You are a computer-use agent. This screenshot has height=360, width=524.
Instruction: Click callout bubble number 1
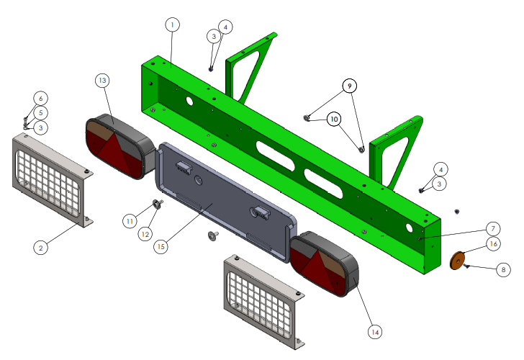click(x=173, y=24)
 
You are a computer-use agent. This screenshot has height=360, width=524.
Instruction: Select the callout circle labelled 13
click(x=102, y=80)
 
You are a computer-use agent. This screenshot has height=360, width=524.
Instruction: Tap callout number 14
click(x=375, y=332)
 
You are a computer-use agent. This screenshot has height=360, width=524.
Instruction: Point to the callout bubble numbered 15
click(x=161, y=246)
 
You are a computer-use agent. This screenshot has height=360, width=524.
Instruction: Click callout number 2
click(x=41, y=248)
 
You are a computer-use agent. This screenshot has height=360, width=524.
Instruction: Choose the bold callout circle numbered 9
click(x=350, y=86)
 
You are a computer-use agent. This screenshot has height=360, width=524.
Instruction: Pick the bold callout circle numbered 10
click(x=334, y=119)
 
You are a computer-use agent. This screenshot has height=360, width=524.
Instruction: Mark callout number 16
click(x=493, y=243)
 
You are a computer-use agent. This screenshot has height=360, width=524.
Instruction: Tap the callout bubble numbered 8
click(x=503, y=269)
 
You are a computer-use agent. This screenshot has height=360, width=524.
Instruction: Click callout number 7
click(x=493, y=229)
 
